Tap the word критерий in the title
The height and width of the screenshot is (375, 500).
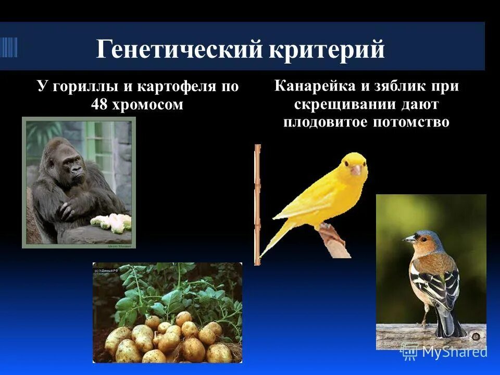tap(327, 49)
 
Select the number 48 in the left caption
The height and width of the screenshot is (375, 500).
tap(100, 104)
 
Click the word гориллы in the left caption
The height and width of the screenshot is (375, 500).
tap(81, 86)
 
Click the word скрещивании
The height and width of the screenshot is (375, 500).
tap(344, 104)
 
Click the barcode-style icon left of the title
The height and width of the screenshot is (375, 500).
tap(9, 47)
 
